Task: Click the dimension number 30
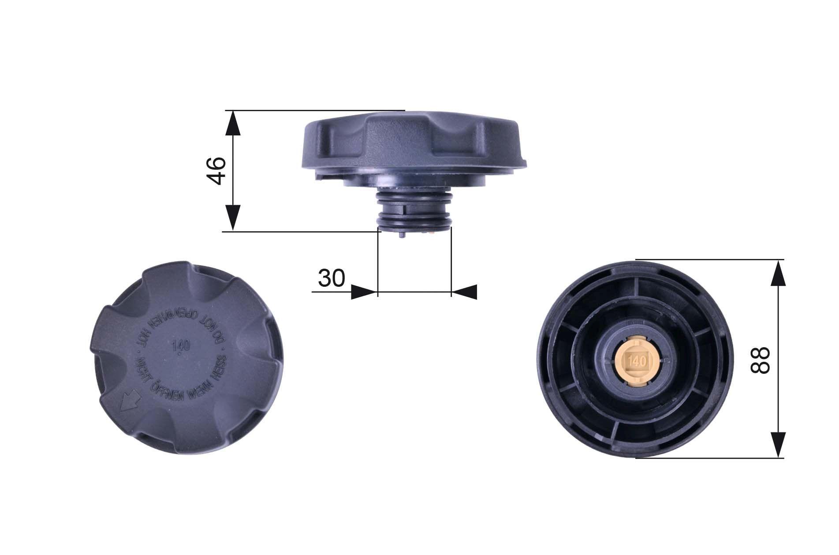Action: click(x=331, y=278)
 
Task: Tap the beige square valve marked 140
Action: click(x=635, y=361)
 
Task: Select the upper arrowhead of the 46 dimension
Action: click(x=233, y=123)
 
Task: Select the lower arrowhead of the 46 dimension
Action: click(x=233, y=218)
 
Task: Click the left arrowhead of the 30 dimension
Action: click(x=364, y=292)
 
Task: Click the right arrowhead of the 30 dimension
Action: click(x=465, y=292)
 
